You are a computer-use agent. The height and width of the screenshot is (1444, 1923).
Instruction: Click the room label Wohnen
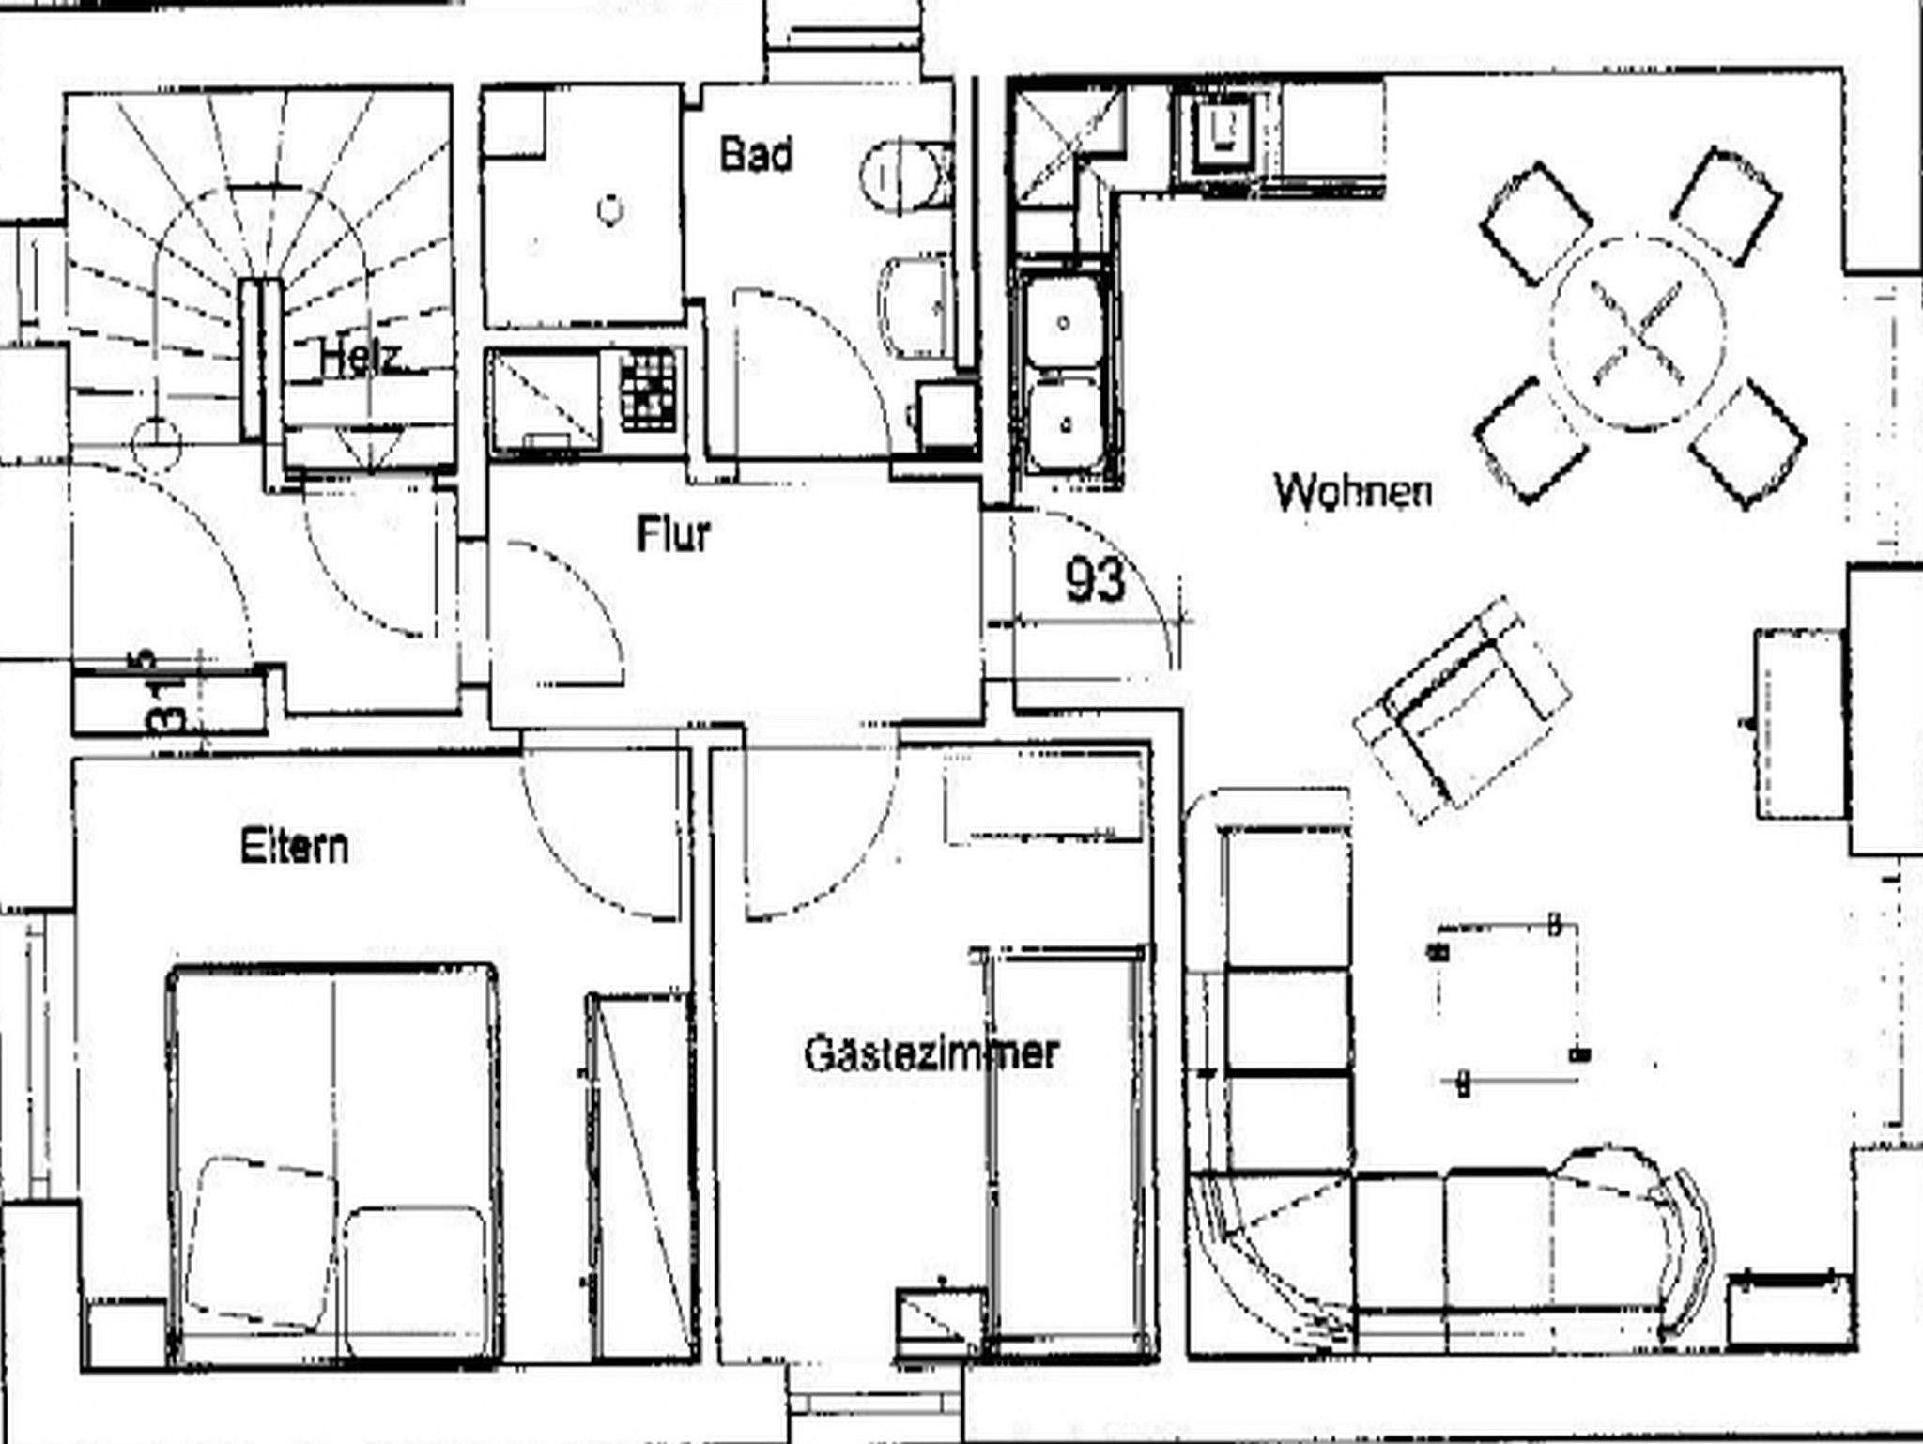click(1353, 490)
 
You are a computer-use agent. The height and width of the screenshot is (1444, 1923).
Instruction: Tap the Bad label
click(757, 154)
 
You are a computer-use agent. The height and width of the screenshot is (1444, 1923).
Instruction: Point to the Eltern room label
click(294, 847)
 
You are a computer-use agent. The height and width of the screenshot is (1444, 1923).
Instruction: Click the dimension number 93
click(1095, 579)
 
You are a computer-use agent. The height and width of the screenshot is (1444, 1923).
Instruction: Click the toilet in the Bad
click(907, 175)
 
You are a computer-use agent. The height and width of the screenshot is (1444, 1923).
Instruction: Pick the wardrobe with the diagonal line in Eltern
click(639, 1177)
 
